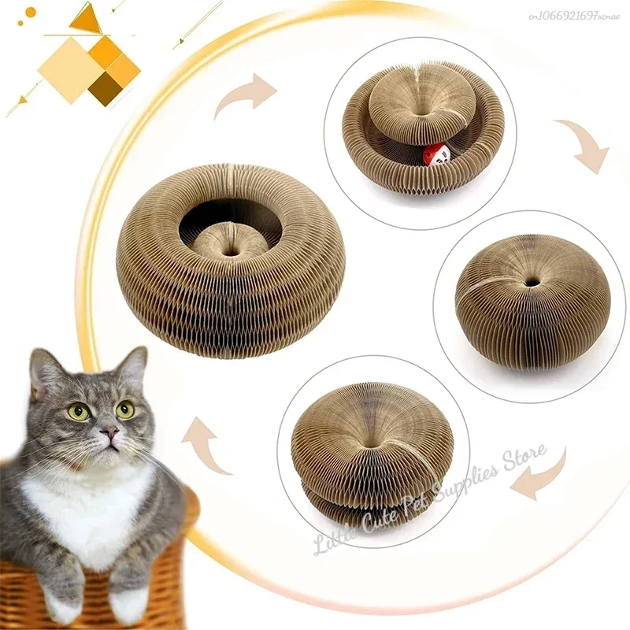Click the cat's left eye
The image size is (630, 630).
coord(79,412)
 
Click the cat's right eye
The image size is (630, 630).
coord(125,409)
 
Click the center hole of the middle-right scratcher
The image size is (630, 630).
coord(533,280)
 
